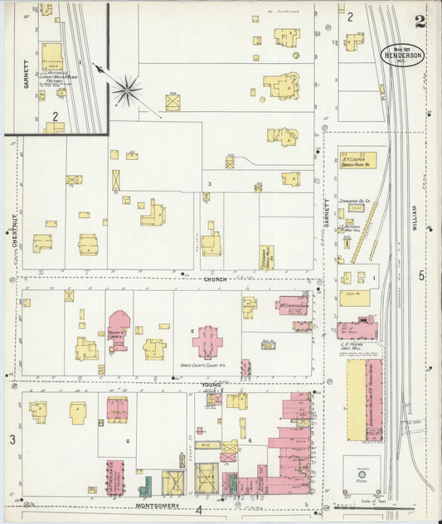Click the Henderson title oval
403,54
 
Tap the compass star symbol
127,90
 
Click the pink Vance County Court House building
207,341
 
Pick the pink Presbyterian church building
119,329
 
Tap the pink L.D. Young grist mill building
357,329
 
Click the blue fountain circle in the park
362,475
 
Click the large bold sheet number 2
420,22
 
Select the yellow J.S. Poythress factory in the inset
52,56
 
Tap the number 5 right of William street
421,275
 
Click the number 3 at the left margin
12,439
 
